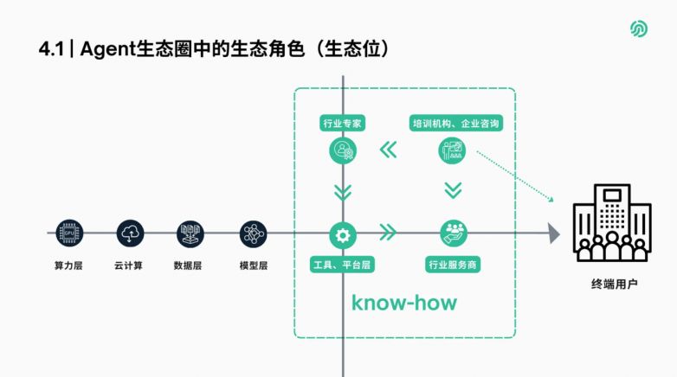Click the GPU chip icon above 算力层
point(69,233)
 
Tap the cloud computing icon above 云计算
point(130,233)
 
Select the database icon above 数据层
point(190,233)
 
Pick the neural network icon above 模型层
point(253,233)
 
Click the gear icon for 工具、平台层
point(343,235)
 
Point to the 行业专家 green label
point(342,124)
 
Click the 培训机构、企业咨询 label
point(456,124)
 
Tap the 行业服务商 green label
point(453,265)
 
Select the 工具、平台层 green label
point(342,265)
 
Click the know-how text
point(404,303)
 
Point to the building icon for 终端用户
point(612,222)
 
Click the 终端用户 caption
point(615,284)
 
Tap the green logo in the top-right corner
point(639,29)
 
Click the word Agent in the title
point(108,49)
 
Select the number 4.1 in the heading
point(51,49)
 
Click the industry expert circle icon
point(343,150)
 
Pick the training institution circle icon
point(452,150)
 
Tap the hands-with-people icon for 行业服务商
point(454,233)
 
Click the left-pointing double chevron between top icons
point(388,150)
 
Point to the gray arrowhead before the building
point(553,233)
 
